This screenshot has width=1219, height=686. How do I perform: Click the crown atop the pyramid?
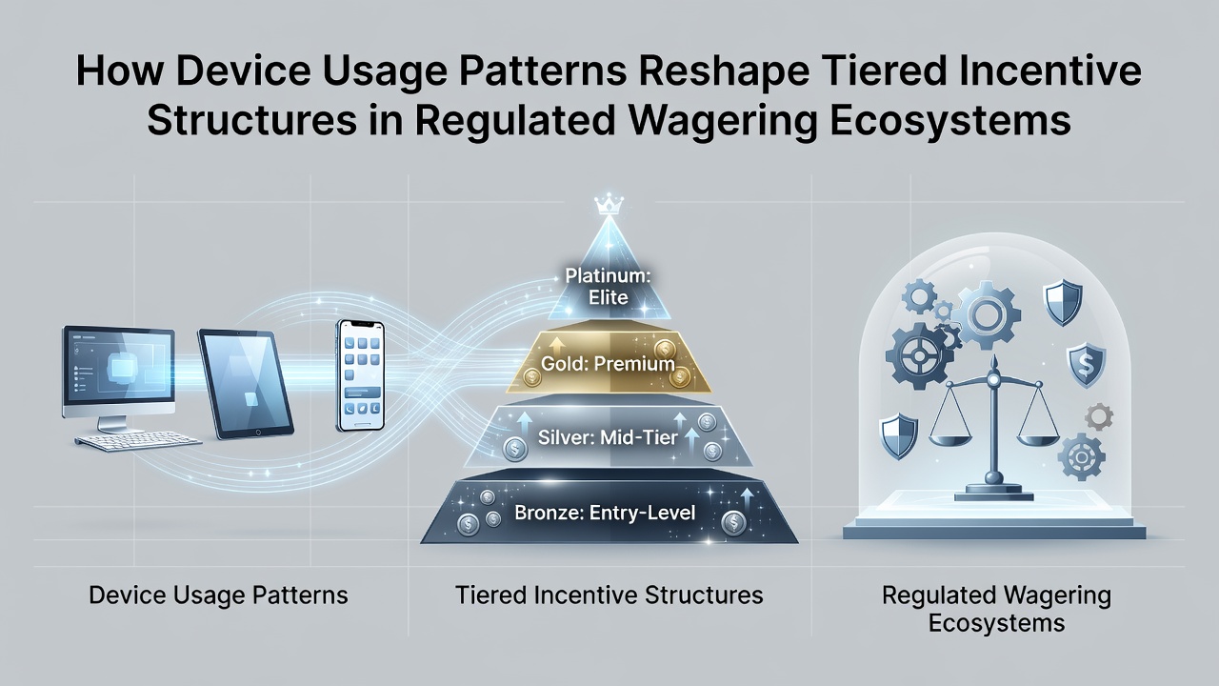pos(609,205)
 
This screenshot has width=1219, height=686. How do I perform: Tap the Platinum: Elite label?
pos(608,287)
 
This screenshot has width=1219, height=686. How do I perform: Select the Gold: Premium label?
pos(608,364)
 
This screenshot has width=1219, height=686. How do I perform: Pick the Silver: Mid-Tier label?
pos(608,437)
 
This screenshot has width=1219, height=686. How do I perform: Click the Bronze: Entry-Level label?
pos(605,513)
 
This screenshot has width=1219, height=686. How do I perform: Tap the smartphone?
pos(360,375)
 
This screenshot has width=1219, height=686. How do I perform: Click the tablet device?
pos(246,383)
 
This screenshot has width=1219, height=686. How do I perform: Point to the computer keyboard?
pos(138,441)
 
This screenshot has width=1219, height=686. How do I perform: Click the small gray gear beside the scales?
pos(1099,417)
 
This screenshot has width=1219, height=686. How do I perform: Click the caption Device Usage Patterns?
pos(218,595)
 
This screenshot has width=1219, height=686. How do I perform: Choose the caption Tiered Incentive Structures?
pos(609,595)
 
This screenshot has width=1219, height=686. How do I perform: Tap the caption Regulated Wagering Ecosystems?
pos(996,609)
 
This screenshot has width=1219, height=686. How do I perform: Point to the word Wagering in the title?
pos(723,121)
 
